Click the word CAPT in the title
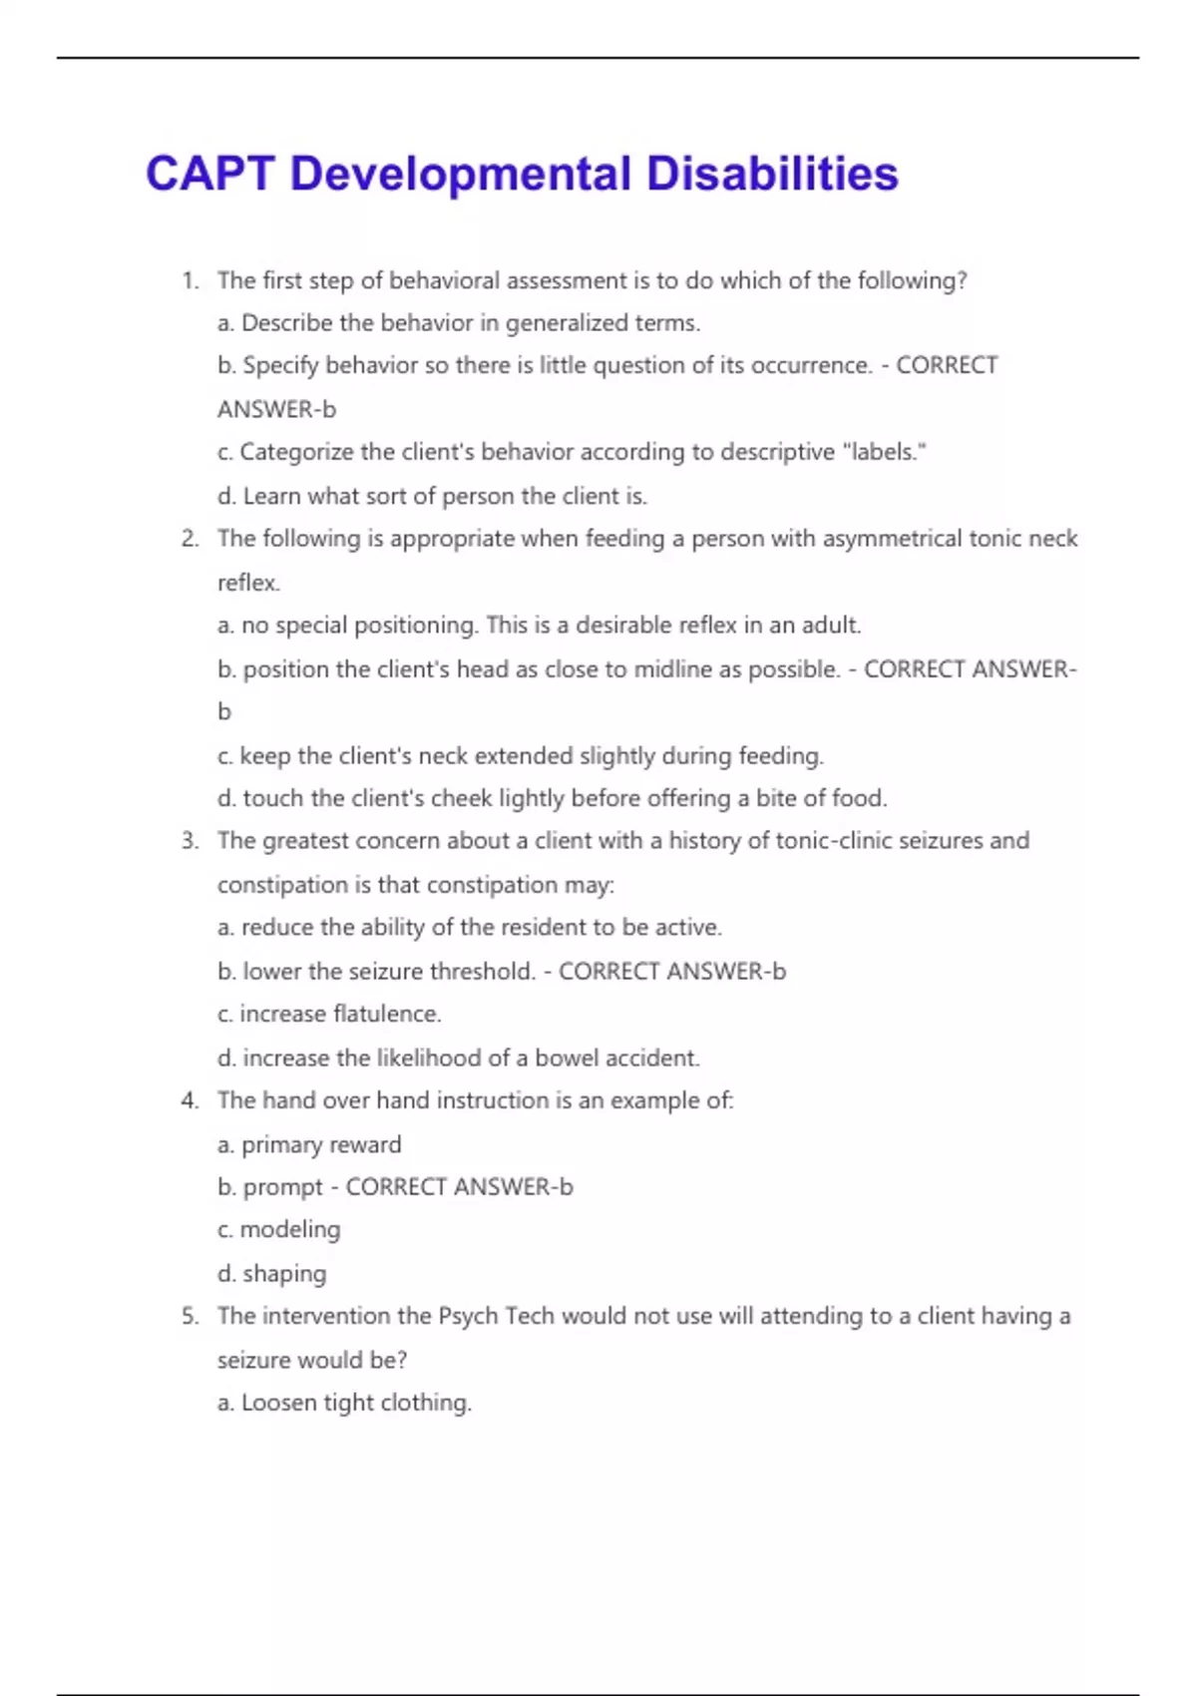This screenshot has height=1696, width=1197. (209, 174)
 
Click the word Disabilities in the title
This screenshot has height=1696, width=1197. (772, 174)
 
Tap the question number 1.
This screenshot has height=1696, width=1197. (190, 281)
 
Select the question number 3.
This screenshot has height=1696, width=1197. (190, 841)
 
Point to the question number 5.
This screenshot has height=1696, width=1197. (190, 1316)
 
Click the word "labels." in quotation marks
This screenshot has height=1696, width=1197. (885, 452)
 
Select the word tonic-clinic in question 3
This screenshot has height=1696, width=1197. (833, 841)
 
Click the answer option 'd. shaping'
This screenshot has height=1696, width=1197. (272, 1274)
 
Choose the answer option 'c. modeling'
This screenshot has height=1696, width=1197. (279, 1229)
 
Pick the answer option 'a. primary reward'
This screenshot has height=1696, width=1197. (309, 1144)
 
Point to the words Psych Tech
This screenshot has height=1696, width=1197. (496, 1316)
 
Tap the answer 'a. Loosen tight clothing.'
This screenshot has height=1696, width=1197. (344, 1403)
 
